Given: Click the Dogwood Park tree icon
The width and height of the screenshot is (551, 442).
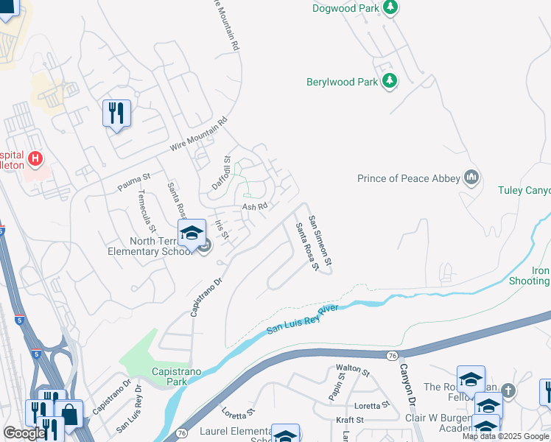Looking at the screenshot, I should pyautogui.click(x=390, y=8).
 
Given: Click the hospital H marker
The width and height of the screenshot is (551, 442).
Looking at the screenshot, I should pyautogui.click(x=35, y=158).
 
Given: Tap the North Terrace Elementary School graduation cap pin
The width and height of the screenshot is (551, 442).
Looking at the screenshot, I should pyautogui.click(x=192, y=233).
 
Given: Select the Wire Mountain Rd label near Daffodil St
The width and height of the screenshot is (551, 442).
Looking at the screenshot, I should pyautogui.click(x=200, y=135).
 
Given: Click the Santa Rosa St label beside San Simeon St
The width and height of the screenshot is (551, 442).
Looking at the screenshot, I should pyautogui.click(x=306, y=247).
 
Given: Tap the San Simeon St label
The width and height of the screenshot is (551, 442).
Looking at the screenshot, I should pyautogui.click(x=320, y=241).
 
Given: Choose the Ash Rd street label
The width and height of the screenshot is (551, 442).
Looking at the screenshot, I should pyautogui.click(x=253, y=207).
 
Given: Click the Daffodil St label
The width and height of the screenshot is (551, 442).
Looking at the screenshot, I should pyautogui.click(x=222, y=173).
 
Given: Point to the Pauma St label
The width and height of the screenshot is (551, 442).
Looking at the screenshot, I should pyautogui.click(x=134, y=182).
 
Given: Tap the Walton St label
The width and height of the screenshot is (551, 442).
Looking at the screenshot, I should pyautogui.click(x=347, y=368).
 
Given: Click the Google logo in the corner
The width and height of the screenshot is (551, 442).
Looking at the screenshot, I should pyautogui.click(x=24, y=432).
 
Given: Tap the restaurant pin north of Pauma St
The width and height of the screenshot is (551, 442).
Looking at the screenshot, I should pyautogui.click(x=116, y=113).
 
